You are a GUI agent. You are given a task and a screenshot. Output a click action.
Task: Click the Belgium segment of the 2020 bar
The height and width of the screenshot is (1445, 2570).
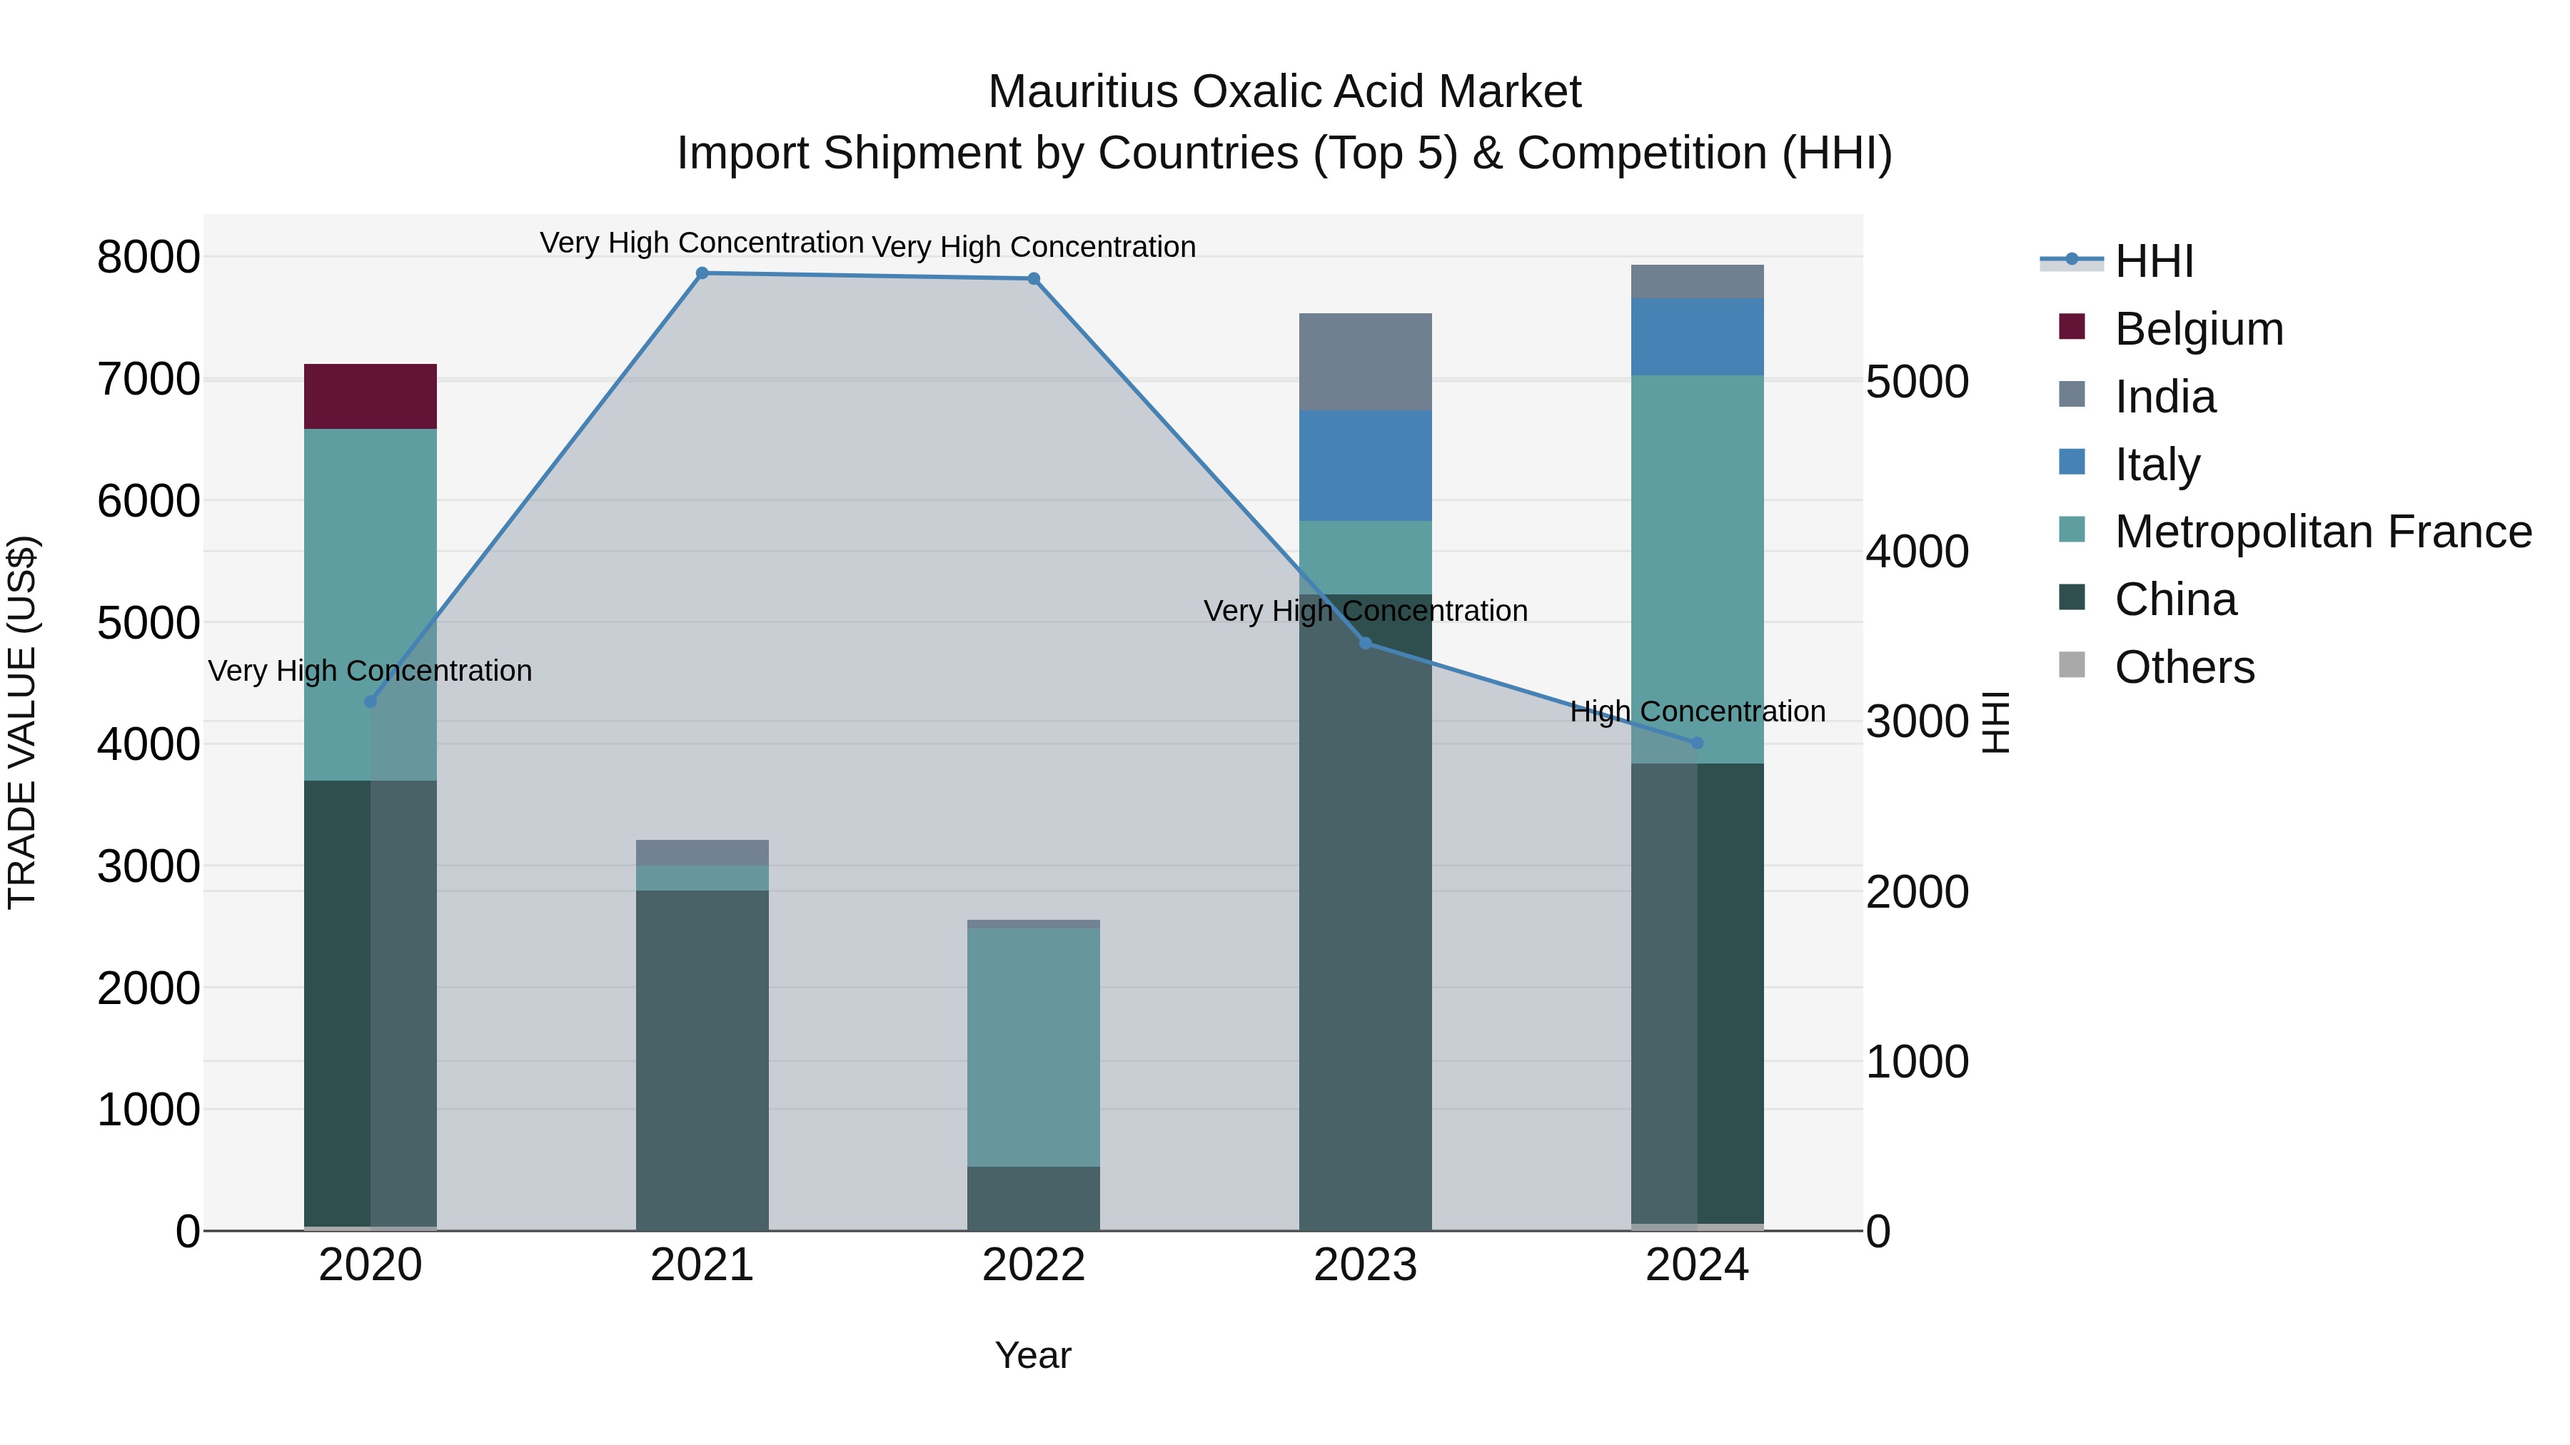[x=370, y=396]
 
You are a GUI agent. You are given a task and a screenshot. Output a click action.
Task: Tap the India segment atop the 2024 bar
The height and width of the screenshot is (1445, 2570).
[x=1697, y=281]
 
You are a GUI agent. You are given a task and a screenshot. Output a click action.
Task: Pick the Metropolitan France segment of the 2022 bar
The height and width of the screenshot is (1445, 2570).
[x=1034, y=1046]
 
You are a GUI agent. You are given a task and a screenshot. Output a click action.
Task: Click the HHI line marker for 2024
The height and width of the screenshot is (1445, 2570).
[x=1697, y=743]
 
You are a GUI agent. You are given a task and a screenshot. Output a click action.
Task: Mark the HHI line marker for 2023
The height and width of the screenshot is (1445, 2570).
[x=1366, y=643]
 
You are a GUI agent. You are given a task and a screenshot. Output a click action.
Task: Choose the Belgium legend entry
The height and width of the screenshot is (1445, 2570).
[x=2198, y=329]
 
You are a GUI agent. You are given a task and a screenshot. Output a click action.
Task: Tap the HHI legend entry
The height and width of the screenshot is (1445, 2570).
[x=2153, y=261]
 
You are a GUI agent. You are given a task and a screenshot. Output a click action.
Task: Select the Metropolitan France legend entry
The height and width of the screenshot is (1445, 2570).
[x=2322, y=532]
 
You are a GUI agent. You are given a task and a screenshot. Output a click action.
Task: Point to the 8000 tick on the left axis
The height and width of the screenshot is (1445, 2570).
[x=148, y=258]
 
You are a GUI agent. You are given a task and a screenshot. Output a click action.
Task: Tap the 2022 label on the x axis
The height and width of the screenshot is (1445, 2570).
[x=1034, y=1265]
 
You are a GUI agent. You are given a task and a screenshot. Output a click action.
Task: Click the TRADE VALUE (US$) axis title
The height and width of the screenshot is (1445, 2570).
[x=22, y=722]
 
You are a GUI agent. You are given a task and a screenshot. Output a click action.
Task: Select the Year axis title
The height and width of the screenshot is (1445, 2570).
[x=1032, y=1355]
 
